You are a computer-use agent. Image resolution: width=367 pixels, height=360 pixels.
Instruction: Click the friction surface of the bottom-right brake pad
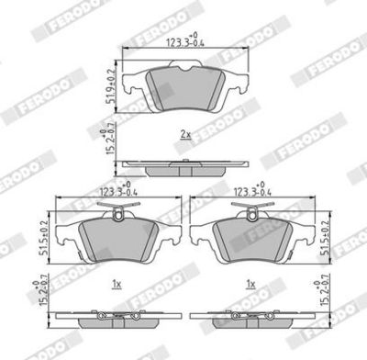[x=250, y=241]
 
